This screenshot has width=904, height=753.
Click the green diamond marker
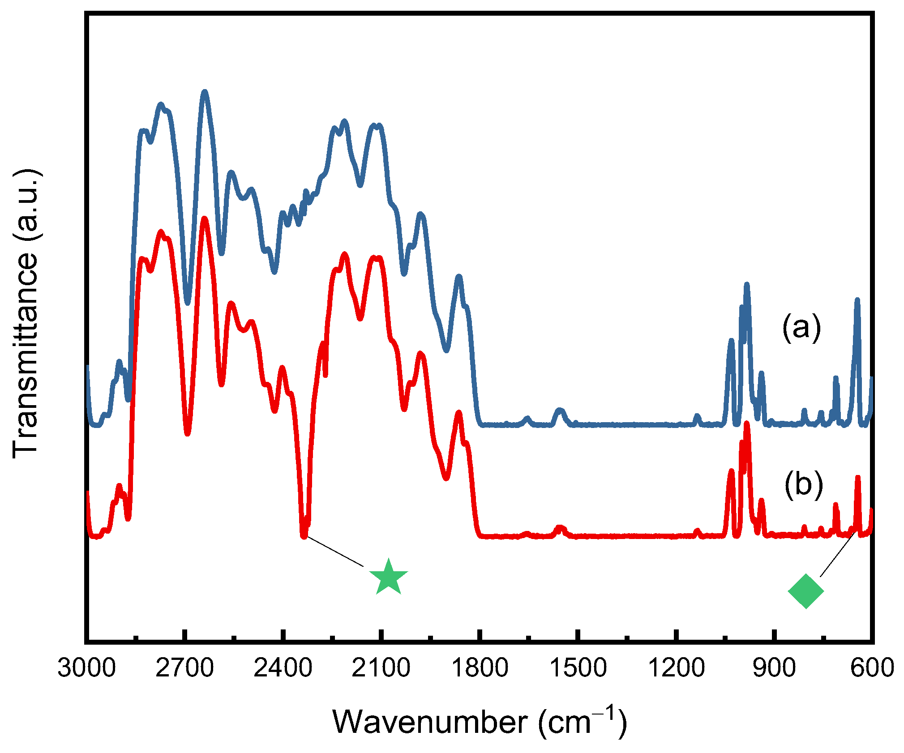click(x=805, y=591)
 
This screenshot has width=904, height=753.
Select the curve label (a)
click(x=801, y=327)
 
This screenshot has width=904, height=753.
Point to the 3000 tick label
click(x=86, y=668)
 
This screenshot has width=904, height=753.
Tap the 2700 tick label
click(x=184, y=668)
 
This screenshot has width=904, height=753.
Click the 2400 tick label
click(x=283, y=668)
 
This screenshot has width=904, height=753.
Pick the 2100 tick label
click(x=381, y=668)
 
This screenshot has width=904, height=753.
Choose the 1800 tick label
click(x=480, y=668)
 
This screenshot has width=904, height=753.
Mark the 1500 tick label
click(x=578, y=668)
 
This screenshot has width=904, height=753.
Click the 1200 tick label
click(x=676, y=668)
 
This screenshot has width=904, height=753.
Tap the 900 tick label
click(x=774, y=668)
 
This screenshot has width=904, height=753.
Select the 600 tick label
click(x=872, y=668)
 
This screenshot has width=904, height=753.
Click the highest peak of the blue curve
click(x=205, y=92)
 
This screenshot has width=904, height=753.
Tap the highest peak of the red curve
click(x=205, y=219)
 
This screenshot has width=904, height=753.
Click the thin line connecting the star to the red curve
click(x=336, y=552)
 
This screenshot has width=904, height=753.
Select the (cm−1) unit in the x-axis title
click(x=582, y=722)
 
